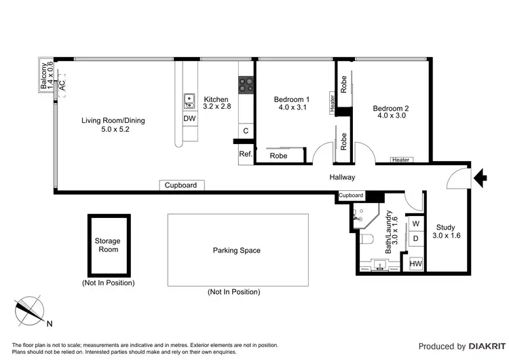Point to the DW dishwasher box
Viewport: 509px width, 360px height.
[x=190, y=119]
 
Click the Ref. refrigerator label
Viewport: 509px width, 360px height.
[x=245, y=154]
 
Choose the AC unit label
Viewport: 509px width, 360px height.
[x=62, y=86]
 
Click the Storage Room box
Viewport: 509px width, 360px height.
[x=108, y=245]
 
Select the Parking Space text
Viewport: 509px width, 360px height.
[x=236, y=251]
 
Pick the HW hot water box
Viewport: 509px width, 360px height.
[x=413, y=263]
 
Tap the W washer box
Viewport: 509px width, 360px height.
[x=414, y=223]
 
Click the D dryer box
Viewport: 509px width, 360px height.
[x=414, y=238]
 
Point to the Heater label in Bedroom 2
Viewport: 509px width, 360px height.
[x=400, y=160]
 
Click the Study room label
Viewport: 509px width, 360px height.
[x=445, y=232]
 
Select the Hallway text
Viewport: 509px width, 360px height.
[x=342, y=177]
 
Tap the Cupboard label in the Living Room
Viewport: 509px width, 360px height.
[x=181, y=185]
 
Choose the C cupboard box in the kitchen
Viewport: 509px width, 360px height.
[x=245, y=130]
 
